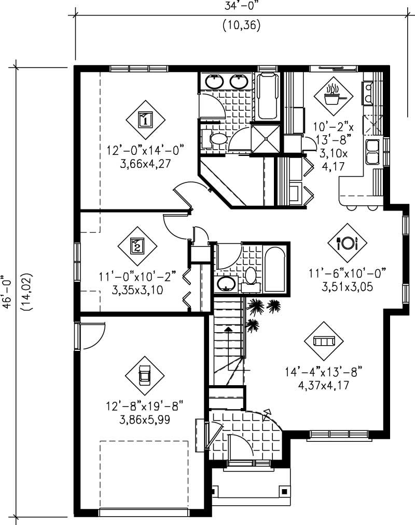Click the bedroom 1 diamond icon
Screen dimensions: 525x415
click(x=146, y=120)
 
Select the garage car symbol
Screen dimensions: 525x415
click(x=145, y=375)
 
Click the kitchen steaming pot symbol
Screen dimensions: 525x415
click(x=333, y=96)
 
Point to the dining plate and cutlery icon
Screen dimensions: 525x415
click(x=347, y=243)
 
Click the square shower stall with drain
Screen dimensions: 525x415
click(x=265, y=138)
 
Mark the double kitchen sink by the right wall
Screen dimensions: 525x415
click(x=372, y=151)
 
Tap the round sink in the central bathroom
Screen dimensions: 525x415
click(x=226, y=283)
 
